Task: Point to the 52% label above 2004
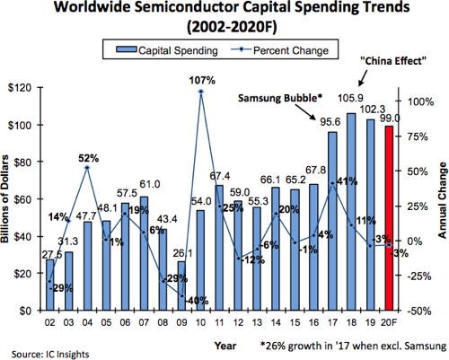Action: point(87,158)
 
